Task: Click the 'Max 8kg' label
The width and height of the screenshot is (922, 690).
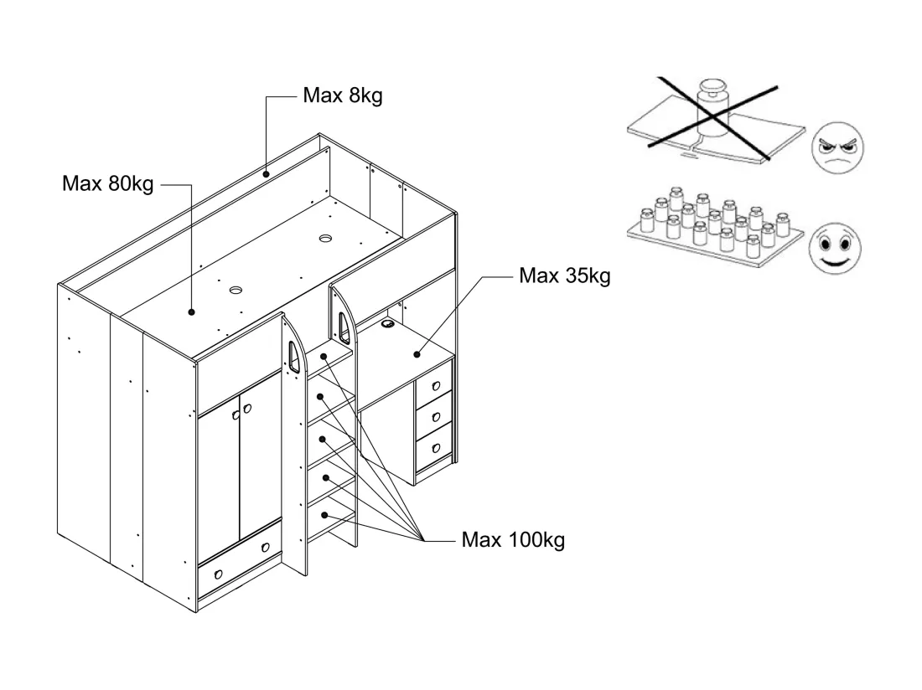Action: point(343,95)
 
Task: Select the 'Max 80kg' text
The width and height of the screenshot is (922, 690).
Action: point(107,183)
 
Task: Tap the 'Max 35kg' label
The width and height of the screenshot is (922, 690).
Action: point(564,275)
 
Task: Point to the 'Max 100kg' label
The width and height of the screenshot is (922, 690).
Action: point(513,539)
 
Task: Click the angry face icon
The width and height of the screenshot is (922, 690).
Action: point(837,148)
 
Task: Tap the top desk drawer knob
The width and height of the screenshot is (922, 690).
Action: point(436,386)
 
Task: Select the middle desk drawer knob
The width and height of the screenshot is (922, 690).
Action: point(436,417)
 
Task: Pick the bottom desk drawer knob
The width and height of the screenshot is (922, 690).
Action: point(436,449)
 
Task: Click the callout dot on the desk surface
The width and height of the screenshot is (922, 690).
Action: point(417,354)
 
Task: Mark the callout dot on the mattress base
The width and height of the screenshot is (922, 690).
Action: point(192,312)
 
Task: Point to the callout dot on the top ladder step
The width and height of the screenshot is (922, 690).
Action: point(324,357)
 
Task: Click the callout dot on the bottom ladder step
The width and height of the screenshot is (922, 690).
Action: point(324,516)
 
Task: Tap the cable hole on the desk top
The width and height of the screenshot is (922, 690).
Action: point(388,322)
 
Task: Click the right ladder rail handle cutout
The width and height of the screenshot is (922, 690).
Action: point(344,327)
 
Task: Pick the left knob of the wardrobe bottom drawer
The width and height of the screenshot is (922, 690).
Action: point(219,574)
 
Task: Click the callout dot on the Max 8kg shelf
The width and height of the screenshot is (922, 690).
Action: point(266,174)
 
